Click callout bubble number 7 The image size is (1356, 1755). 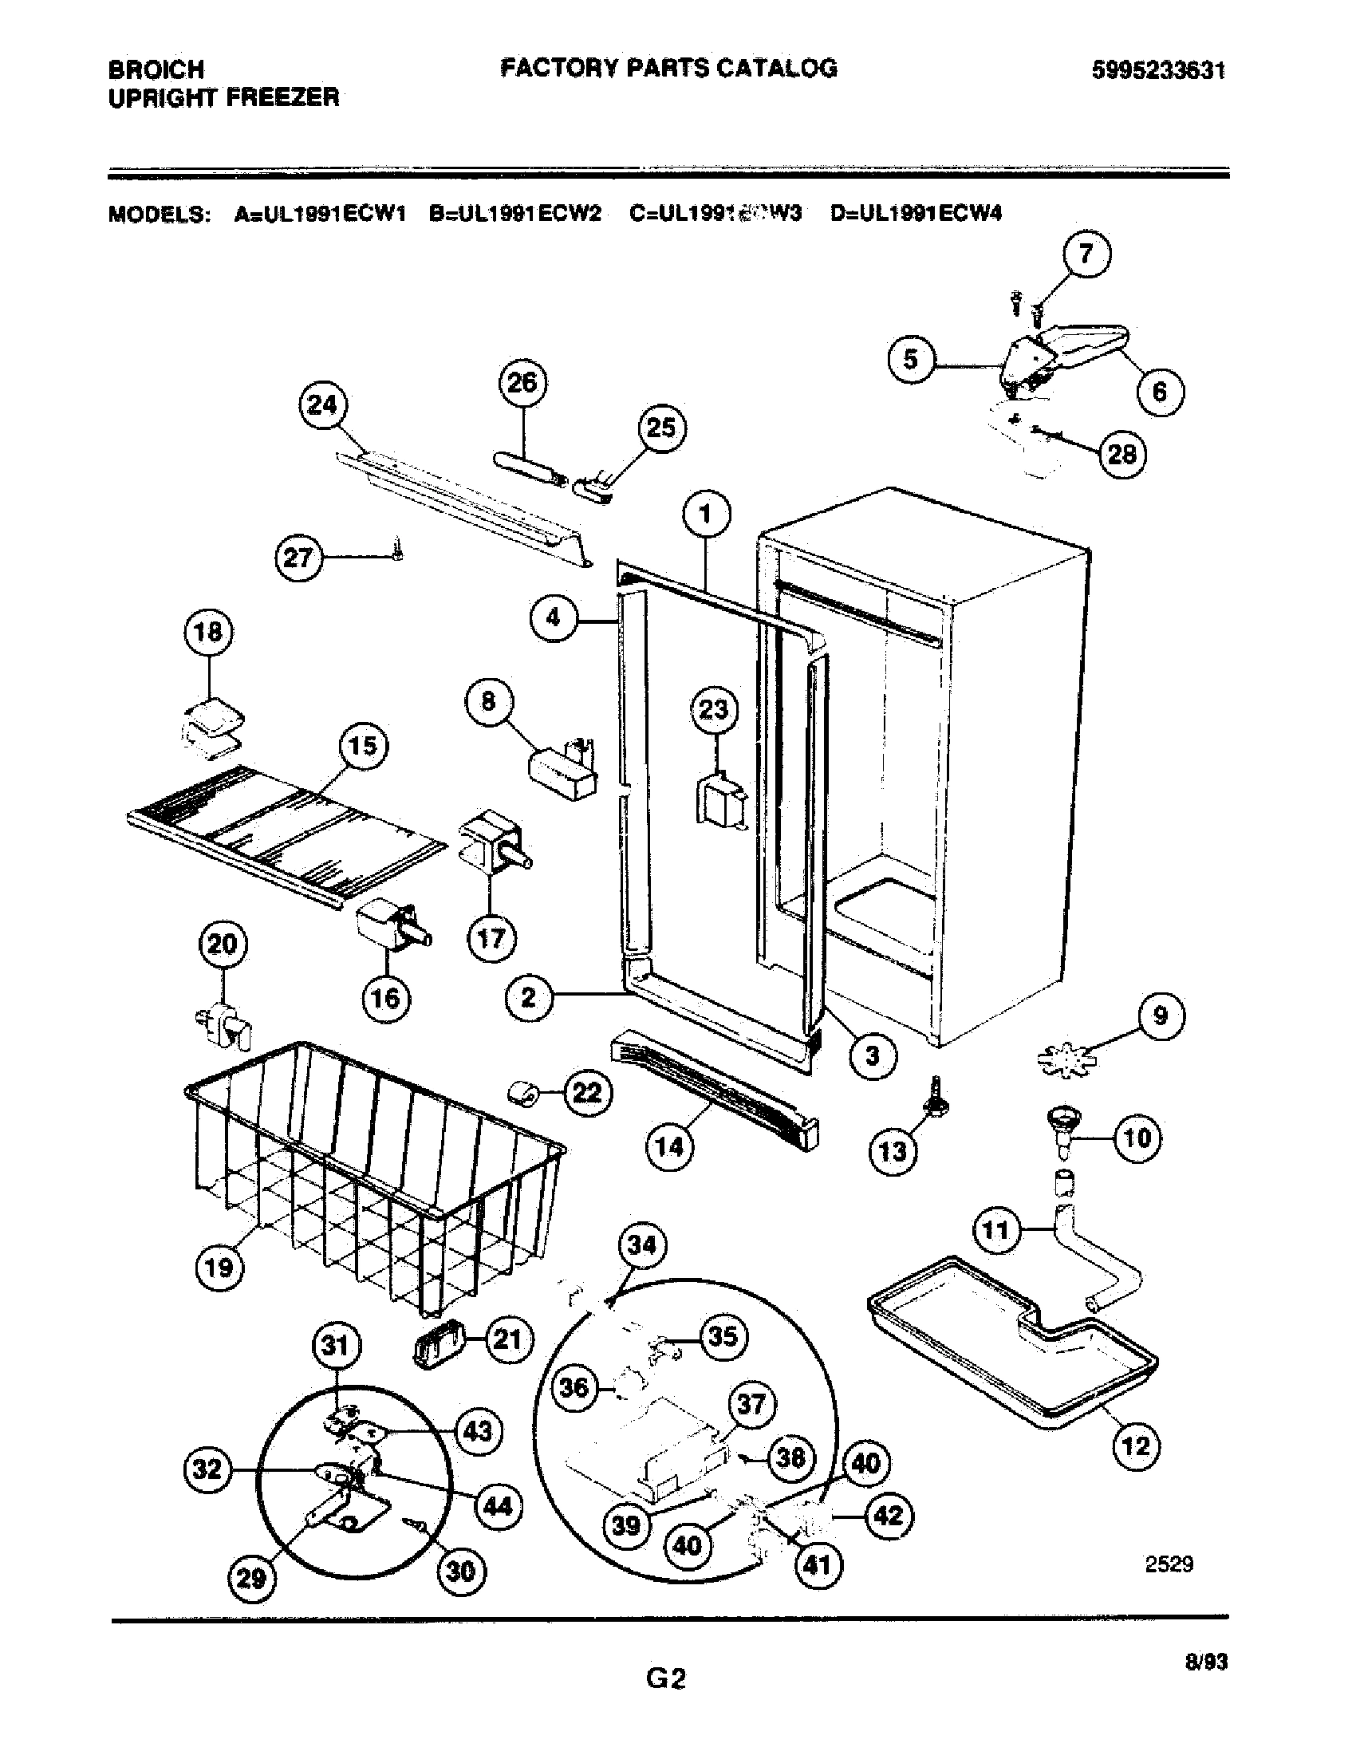pos(1086,254)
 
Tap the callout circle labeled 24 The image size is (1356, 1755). pos(323,405)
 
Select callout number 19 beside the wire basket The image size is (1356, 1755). pos(219,1268)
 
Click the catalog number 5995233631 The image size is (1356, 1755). pos(1157,72)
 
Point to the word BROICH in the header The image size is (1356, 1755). pos(156,69)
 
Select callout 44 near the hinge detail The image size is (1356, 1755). pos(498,1505)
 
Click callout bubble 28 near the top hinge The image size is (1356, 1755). pos(1122,455)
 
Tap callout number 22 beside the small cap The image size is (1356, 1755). pos(588,1092)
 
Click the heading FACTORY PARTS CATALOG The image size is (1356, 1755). pos(668,69)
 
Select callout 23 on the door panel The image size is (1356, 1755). pos(714,710)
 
